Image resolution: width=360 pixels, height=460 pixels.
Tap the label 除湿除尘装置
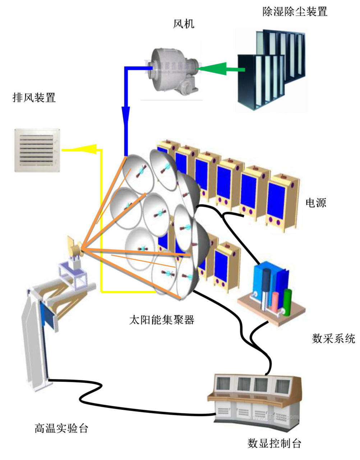coord(295,11)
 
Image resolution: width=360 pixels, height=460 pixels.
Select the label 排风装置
coord(34,98)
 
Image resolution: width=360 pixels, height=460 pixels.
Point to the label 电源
coord(315,203)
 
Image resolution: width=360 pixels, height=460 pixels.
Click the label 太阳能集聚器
coord(162,319)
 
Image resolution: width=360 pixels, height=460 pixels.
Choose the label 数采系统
coord(333,338)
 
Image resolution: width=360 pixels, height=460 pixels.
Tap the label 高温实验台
coord(61,428)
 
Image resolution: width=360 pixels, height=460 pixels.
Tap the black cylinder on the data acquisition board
coord(266,287)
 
